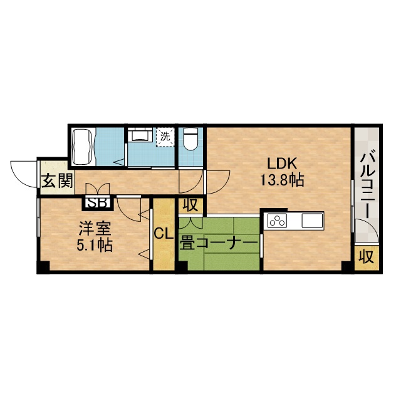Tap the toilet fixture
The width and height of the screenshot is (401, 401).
click(190, 138)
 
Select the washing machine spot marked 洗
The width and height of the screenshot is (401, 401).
click(165, 137)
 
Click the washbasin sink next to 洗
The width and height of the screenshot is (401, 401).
click(140, 135)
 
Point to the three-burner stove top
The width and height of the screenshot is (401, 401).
click(277, 220)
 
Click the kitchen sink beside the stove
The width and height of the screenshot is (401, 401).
click(312, 220)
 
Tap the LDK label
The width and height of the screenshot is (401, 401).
click(282, 164)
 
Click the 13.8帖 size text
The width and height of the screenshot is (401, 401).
click(282, 180)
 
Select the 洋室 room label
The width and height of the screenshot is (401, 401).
click(95, 229)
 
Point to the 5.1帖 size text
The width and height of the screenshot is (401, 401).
click(95, 245)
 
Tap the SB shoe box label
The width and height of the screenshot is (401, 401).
click(98, 203)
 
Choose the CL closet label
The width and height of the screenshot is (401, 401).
click(164, 234)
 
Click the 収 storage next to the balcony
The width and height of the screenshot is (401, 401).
click(367, 257)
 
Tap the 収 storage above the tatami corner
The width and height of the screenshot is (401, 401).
click(191, 205)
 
